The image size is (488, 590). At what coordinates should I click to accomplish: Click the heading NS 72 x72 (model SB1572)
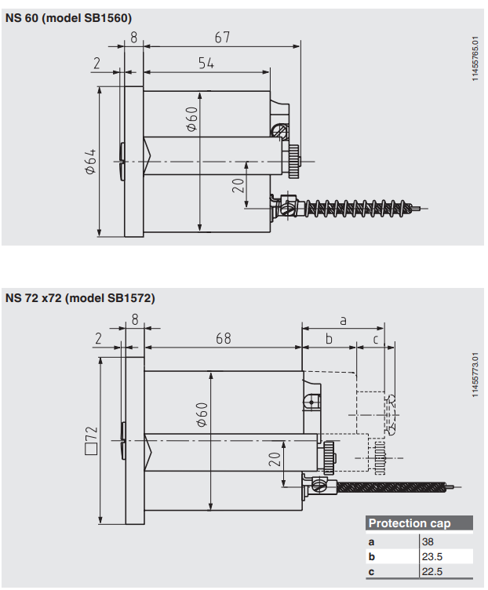click(x=80, y=298)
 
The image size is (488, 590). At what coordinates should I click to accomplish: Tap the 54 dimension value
click(x=206, y=64)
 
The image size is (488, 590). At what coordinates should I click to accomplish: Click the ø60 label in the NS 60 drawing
click(x=190, y=118)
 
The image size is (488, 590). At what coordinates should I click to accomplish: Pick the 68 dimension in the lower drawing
click(x=224, y=338)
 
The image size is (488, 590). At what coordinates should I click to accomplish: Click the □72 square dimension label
click(x=90, y=439)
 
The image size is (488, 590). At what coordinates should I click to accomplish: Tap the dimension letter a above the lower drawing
click(x=343, y=319)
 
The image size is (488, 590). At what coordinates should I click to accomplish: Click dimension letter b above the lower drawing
click(x=330, y=339)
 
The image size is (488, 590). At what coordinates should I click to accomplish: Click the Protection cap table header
click(x=410, y=523)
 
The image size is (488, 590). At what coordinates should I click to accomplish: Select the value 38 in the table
click(x=428, y=541)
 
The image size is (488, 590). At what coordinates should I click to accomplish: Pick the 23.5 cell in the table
click(x=432, y=556)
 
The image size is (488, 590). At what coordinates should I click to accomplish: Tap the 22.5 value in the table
click(x=432, y=571)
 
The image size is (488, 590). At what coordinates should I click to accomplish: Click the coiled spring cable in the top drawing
click(x=356, y=208)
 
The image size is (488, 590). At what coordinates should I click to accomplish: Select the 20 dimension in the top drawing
click(x=239, y=185)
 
